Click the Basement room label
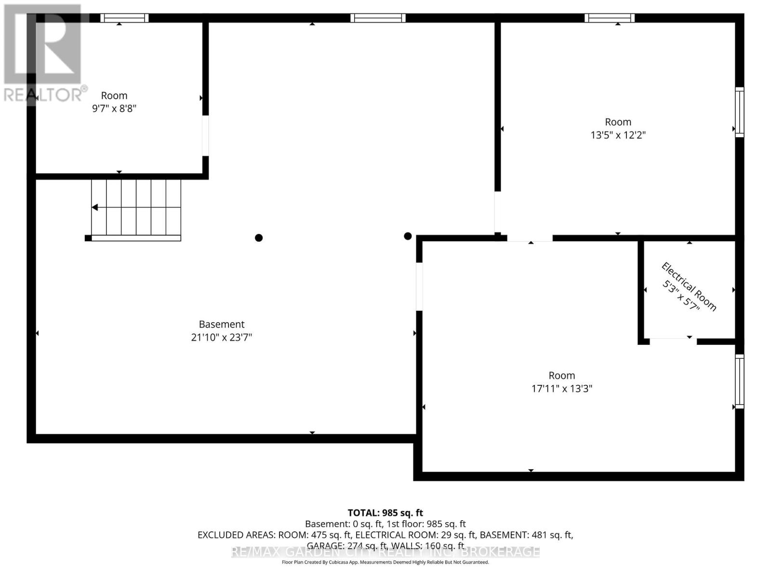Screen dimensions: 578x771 click(222, 325)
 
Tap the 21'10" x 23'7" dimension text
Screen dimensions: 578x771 click(222, 337)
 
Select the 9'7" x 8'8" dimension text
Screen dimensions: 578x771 click(114, 108)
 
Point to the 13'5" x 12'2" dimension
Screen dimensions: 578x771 click(618, 135)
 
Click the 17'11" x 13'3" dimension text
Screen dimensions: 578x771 click(561, 388)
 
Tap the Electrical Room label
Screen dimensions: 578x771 click(689, 287)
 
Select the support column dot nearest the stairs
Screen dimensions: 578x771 click(259, 237)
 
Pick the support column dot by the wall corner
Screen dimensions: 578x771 click(408, 236)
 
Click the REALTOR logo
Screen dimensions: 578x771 click(43, 53)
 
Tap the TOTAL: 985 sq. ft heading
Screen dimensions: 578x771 click(385, 513)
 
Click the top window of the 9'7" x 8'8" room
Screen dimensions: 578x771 click(124, 18)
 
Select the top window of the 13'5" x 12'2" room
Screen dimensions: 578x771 click(610, 18)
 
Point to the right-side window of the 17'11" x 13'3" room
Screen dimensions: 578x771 click(739, 381)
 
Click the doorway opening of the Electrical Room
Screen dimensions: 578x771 click(673, 341)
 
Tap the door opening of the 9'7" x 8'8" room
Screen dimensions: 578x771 click(205, 136)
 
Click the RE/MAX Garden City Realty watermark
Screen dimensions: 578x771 click(385, 552)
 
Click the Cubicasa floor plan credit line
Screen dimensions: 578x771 click(385, 562)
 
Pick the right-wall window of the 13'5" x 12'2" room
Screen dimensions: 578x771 click(739, 112)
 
